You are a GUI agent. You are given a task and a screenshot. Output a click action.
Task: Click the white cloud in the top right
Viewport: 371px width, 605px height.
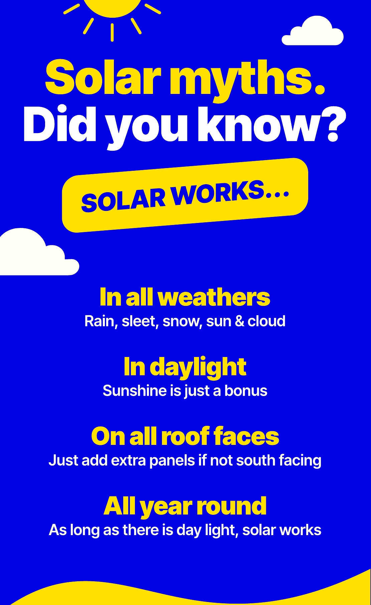click(x=313, y=31)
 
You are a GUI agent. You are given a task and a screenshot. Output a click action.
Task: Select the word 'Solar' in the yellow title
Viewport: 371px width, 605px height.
click(x=103, y=77)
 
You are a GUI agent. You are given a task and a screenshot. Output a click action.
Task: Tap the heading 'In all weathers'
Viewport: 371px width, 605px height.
click(x=185, y=297)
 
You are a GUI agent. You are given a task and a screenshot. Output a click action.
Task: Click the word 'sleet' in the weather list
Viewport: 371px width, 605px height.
click(x=140, y=321)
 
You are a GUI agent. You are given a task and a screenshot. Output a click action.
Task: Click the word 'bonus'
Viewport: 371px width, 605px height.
click(x=246, y=391)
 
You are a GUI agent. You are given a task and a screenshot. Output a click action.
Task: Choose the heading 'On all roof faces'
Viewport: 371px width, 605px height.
click(x=185, y=436)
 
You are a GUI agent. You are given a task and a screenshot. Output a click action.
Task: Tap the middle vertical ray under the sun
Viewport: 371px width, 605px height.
click(x=112, y=32)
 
